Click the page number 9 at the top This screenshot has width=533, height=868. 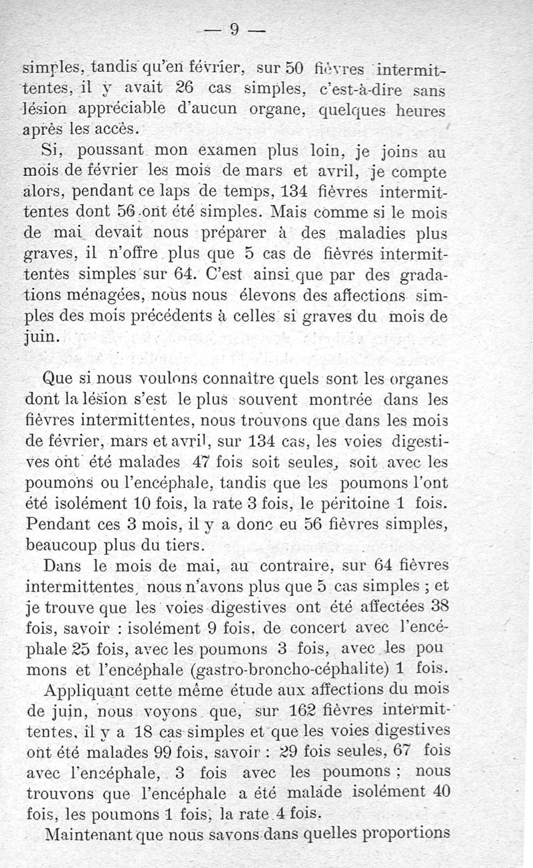click(x=234, y=29)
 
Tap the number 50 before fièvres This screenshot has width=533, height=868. click(x=295, y=68)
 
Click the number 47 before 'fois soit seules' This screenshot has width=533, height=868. click(x=195, y=461)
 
